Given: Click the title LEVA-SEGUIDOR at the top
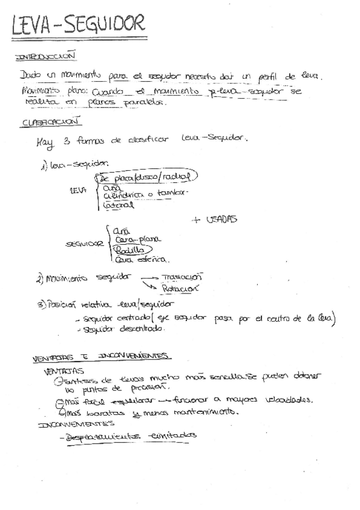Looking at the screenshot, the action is pyautogui.click(x=78, y=25).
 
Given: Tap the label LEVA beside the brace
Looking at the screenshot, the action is pyautogui.click(x=78, y=190).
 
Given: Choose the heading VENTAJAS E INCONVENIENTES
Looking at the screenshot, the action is pyautogui.click(x=100, y=356).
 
